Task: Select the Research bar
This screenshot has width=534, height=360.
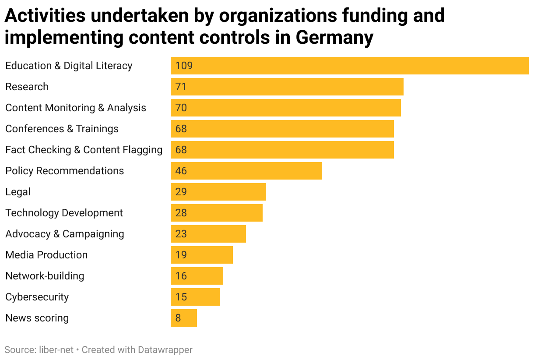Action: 287,87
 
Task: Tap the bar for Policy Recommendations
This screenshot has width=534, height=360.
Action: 246,171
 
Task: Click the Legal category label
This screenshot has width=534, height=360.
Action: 18,192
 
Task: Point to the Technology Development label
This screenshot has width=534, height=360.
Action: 64,213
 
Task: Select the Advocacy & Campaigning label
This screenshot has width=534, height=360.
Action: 64,234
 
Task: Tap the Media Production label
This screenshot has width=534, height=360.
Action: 46,255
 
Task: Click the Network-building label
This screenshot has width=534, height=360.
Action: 45,276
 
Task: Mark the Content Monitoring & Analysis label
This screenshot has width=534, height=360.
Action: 76,108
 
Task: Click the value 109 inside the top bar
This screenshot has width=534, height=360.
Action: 184,66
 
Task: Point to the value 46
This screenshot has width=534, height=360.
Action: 181,171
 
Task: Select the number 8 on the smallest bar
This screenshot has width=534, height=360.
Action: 178,318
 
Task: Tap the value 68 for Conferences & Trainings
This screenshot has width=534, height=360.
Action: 181,129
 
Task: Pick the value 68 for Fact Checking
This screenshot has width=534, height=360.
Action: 181,150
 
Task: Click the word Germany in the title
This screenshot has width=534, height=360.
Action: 334,37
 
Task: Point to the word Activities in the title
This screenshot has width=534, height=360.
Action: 45,16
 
